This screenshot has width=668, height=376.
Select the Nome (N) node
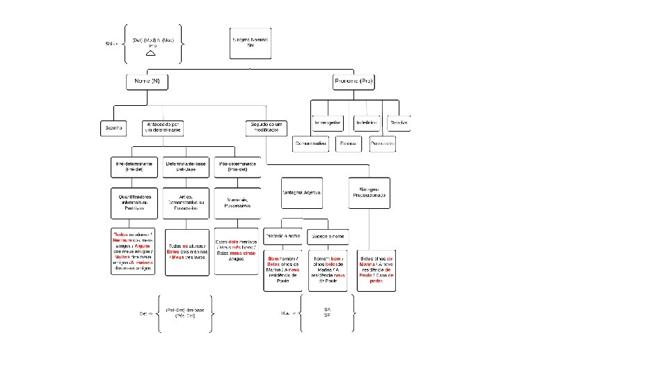(x=146, y=82)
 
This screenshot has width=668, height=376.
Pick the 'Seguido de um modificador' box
(x=266, y=128)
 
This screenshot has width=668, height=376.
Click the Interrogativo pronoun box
(x=328, y=123)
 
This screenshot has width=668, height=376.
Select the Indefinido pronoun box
(x=367, y=123)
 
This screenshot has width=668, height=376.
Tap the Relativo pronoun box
(x=399, y=123)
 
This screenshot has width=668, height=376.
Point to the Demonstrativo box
(x=310, y=143)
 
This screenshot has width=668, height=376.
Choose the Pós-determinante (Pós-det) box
(x=237, y=166)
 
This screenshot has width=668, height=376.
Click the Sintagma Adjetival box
(x=301, y=193)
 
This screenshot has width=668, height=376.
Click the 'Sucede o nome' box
(x=327, y=237)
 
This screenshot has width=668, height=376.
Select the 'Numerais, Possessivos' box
(x=237, y=203)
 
